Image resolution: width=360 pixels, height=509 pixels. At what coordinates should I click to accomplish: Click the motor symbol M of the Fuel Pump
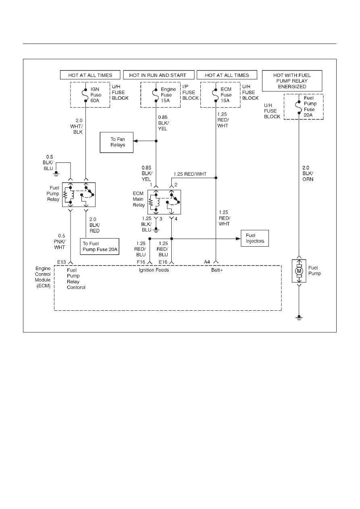[299, 271]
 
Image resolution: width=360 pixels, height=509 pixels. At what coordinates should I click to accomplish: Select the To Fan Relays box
[117, 142]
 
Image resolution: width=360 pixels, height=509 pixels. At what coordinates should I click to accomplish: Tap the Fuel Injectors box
[255, 238]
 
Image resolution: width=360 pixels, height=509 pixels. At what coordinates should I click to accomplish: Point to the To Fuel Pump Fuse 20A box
[100, 247]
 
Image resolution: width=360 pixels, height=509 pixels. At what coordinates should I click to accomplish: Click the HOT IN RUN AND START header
[159, 75]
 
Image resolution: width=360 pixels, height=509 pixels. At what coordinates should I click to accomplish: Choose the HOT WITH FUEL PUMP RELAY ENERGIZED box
[292, 81]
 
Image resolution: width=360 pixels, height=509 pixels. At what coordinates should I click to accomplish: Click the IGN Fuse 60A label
[96, 95]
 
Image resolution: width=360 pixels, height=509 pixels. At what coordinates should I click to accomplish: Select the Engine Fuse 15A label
[168, 95]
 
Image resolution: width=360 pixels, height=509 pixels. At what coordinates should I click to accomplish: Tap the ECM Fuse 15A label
[226, 95]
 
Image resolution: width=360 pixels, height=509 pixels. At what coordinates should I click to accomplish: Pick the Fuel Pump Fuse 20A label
[310, 106]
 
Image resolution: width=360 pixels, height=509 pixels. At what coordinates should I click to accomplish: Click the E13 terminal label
[61, 262]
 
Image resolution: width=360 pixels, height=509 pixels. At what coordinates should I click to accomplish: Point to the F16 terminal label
[141, 262]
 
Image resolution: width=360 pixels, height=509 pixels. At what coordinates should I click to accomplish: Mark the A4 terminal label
[207, 262]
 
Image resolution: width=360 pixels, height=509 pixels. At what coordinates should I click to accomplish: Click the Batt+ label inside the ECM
[217, 270]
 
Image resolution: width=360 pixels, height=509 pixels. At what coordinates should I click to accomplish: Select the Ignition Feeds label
[154, 270]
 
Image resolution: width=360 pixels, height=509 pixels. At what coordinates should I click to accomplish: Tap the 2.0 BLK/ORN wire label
[308, 173]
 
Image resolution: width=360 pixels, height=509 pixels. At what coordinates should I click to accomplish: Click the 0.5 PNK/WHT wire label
[60, 241]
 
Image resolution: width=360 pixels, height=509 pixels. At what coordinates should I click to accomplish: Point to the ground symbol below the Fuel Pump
[299, 318]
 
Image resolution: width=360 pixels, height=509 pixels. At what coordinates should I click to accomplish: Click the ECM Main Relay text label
[139, 199]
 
